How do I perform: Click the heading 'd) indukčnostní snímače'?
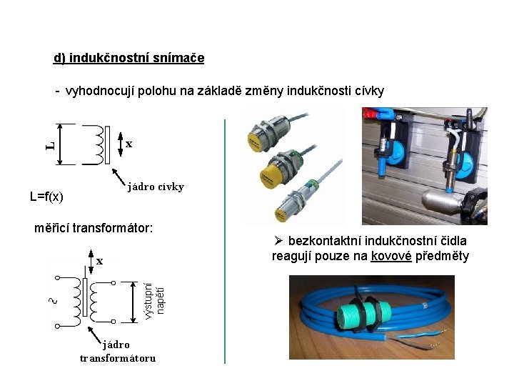pos(128,57)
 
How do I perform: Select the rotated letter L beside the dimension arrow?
pos(49,145)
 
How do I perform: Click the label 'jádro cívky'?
pos(156,187)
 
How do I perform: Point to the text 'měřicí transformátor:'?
pos(94,228)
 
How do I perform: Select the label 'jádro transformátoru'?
pos(117,351)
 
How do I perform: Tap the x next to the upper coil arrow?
pos(128,144)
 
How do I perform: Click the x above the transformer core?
pos(100,261)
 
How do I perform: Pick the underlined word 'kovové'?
pos(391,256)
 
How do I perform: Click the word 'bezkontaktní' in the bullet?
pos(322,241)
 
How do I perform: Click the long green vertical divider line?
pos(225,243)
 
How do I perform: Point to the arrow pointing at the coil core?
pos(118,177)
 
